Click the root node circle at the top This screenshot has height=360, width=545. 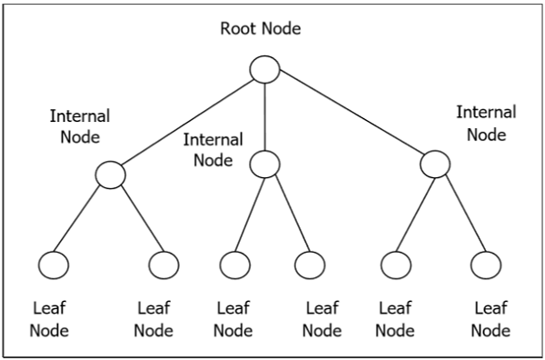coord(264,69)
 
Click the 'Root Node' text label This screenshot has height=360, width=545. coord(261,28)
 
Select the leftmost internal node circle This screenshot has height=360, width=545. coord(110,174)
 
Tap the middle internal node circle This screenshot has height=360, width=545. coord(264,164)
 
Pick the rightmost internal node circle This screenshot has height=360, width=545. coord(434,164)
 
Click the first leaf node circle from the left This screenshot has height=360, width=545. coord(54,265)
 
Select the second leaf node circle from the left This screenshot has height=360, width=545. coord(163,265)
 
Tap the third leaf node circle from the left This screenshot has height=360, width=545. coord(234,265)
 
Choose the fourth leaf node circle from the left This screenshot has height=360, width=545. coord(310,265)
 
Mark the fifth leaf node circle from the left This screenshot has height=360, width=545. coord(396,265)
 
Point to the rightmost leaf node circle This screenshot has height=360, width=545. coord(486,265)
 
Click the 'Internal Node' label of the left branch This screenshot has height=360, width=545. coord(80,126)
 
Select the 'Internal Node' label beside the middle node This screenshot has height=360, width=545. coord(213,150)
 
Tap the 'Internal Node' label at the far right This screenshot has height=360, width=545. coord(485,124)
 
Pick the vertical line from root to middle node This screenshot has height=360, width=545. coord(264,116)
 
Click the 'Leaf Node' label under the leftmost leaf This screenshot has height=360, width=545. coord(49,319)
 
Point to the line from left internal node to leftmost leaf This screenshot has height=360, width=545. coord(82,218)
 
